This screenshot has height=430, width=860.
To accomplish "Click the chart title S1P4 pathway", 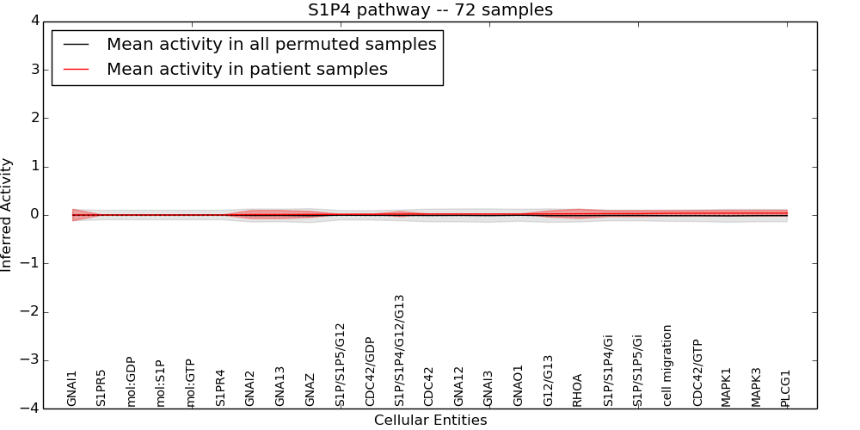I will coord(430,10).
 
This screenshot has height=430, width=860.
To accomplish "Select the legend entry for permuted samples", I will coord(271,45).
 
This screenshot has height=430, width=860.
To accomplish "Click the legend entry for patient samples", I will coord(247,70).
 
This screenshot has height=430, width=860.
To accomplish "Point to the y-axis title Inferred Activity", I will coord(7,215).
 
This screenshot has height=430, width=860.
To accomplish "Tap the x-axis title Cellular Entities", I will coord(430,421).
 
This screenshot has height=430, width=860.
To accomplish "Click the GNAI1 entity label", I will coord(72,388).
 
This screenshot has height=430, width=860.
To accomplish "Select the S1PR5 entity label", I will coord(101,388).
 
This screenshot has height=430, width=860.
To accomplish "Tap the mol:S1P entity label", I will coord(161,383).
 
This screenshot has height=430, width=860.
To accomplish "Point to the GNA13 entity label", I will coord(280,386).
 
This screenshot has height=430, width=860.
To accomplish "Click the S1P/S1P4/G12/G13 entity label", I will coord(400,350).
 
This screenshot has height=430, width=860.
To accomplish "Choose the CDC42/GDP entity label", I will coord(370,372).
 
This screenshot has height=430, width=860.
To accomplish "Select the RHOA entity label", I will coord(578,390).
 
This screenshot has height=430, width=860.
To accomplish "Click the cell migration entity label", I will coord(667,365).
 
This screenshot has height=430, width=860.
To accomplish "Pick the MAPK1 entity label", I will coord(727,387).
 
